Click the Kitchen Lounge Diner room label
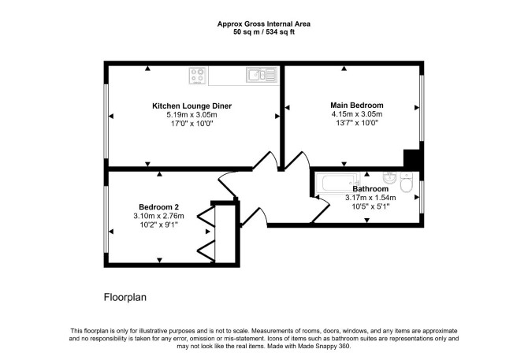click(x=192, y=106)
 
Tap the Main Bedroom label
click(x=357, y=106)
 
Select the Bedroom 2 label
click(x=158, y=207)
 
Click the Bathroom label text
click(x=370, y=189)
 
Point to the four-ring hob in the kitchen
click(x=198, y=76)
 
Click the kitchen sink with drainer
click(x=262, y=75)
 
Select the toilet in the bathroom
click(x=407, y=182)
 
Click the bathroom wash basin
click(x=389, y=177)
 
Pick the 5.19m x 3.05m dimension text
click(x=192, y=115)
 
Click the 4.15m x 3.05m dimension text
click(x=357, y=114)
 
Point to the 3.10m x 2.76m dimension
click(x=158, y=216)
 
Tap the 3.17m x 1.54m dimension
click(x=370, y=198)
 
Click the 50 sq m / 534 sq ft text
click(x=264, y=32)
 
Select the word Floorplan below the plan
click(x=125, y=298)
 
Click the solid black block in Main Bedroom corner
click(x=411, y=158)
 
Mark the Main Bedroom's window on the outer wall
click(x=422, y=108)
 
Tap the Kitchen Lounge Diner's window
click(x=106, y=121)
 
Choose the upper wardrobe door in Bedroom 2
click(x=206, y=217)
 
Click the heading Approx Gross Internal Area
click(x=264, y=24)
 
